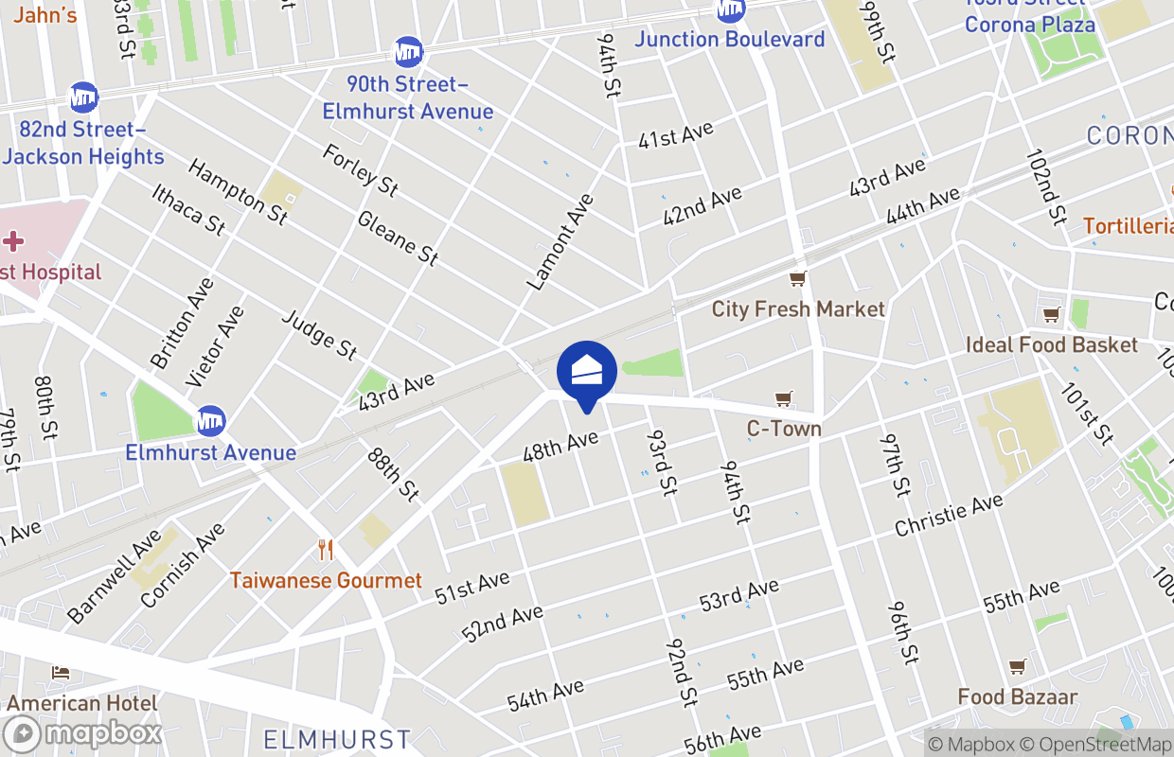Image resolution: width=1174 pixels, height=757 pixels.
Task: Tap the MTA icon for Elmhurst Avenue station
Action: (210, 421)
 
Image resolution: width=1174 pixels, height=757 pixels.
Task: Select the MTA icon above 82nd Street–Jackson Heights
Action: (83, 97)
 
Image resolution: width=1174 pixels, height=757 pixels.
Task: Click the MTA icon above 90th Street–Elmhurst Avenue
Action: (408, 51)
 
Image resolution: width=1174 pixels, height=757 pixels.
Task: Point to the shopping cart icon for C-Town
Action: (783, 399)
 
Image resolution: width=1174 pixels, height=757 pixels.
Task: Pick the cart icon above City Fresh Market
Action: (797, 279)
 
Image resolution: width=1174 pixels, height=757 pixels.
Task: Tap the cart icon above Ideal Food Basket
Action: (1051, 315)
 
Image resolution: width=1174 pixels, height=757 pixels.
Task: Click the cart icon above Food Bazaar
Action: (1017, 667)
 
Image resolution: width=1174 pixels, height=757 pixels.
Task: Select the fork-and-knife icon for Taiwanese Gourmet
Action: (326, 549)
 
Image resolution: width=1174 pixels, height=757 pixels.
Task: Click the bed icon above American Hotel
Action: (61, 673)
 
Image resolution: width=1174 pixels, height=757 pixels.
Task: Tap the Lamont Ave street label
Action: (561, 241)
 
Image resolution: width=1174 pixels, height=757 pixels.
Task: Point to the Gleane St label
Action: (398, 238)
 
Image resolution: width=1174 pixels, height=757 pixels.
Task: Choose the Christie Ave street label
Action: (948, 515)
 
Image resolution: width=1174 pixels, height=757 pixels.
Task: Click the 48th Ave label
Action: (561, 445)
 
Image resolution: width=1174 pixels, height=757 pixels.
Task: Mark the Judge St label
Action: (320, 334)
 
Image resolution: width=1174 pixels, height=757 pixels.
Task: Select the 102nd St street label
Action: (1045, 185)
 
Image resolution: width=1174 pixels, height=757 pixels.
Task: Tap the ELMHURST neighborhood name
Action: (337, 739)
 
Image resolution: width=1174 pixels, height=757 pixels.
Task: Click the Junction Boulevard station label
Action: (729, 39)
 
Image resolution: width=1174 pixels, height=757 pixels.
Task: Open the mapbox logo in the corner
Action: (83, 733)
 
